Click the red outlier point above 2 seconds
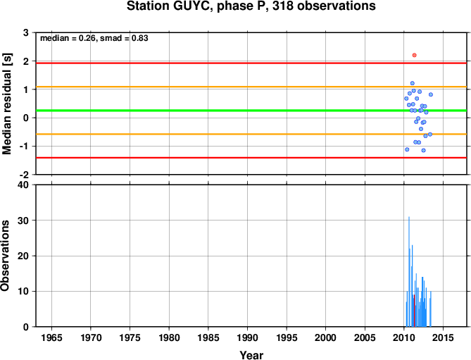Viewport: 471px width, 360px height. coord(414,55)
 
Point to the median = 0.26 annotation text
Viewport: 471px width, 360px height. coord(68,38)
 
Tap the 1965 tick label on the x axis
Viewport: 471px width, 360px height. coord(51,337)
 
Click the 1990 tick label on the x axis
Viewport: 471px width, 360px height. coord(247,337)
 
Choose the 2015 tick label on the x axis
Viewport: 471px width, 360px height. coord(443,337)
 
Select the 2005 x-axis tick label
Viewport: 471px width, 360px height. coord(365,337)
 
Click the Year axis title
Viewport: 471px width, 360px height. coord(251,355)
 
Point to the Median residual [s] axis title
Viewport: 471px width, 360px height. coord(6,104)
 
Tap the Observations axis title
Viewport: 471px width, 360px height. coord(5,256)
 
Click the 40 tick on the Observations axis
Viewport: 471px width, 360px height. coord(25,185)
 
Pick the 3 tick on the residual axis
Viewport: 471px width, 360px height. coord(26,32)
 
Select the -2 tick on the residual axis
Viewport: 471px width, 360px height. coord(24,175)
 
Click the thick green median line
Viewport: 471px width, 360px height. coord(251,111)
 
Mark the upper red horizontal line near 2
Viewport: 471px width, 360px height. coord(251,63)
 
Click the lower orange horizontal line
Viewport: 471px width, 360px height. coord(251,134)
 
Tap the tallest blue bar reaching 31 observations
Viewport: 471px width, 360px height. coord(409,272)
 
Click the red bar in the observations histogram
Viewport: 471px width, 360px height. coord(414,311)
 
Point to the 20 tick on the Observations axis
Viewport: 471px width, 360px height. coord(26,256)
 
